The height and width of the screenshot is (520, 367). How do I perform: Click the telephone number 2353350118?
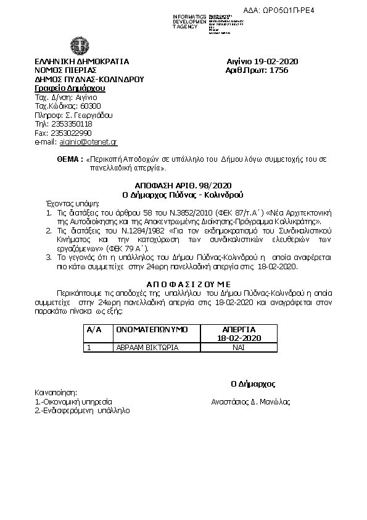click(72, 124)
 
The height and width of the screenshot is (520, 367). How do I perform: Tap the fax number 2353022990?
click(72, 133)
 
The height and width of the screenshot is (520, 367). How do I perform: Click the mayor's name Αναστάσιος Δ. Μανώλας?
click(251, 402)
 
